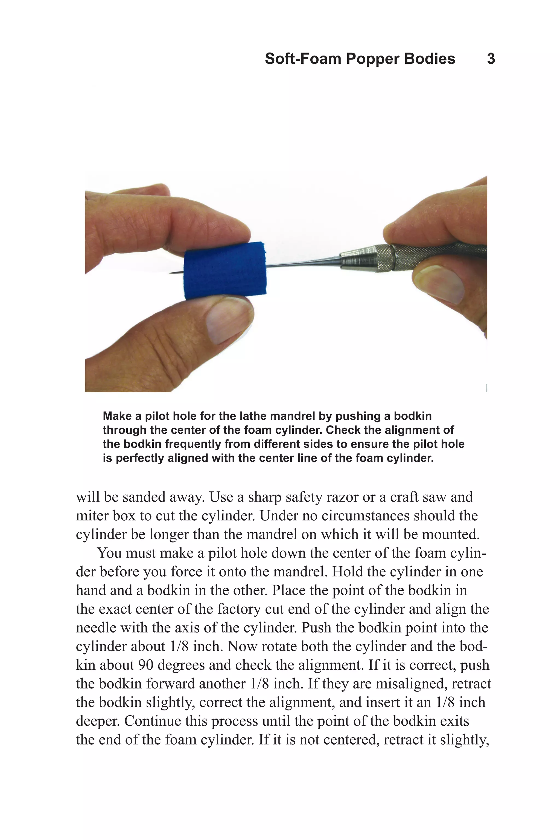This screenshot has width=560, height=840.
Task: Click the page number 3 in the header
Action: pos(491,59)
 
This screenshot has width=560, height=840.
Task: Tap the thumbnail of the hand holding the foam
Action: pos(228,320)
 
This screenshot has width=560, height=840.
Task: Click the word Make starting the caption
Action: pos(117,416)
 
